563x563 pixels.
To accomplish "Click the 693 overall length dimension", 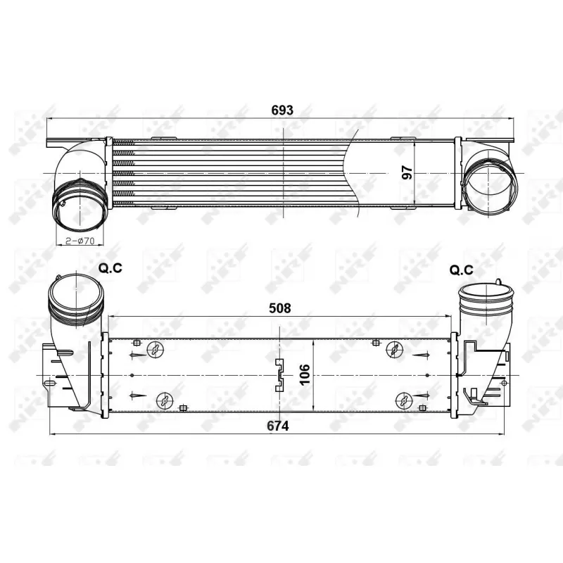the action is click(x=282, y=110).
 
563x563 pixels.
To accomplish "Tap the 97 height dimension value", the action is click(x=407, y=172).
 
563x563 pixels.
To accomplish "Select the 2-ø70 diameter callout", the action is click(x=80, y=241).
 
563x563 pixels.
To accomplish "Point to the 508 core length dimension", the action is click(x=279, y=308).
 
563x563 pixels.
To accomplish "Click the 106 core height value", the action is click(x=305, y=374).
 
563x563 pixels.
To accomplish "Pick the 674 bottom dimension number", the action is click(x=278, y=426).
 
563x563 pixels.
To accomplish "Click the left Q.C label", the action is click(x=110, y=268).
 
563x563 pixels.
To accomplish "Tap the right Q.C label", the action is click(x=462, y=270).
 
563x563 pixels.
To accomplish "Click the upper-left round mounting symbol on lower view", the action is click(x=155, y=349).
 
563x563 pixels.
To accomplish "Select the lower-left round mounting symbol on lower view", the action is click(x=165, y=400).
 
